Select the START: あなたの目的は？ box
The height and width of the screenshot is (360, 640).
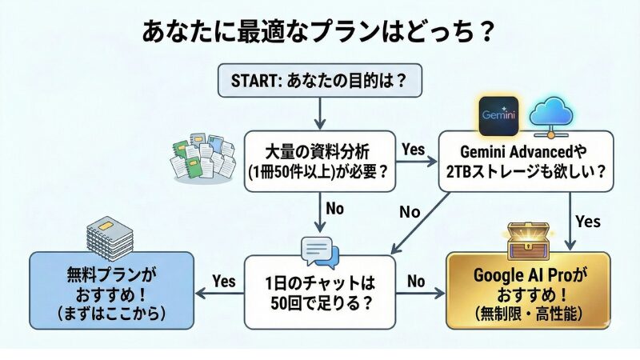tap(319, 80)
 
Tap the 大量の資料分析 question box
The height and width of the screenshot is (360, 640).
tap(319, 159)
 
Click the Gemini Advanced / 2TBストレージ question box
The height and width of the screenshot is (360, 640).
tap(525, 159)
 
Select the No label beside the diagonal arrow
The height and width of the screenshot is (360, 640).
tap(410, 212)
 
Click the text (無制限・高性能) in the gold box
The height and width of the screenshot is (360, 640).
tap(528, 311)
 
